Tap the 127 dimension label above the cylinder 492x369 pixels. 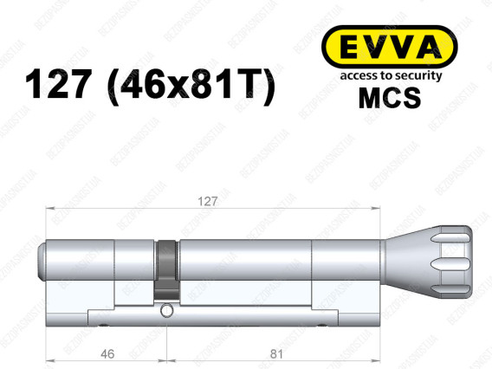click(207, 200)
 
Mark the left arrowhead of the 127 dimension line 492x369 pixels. click(50, 209)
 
